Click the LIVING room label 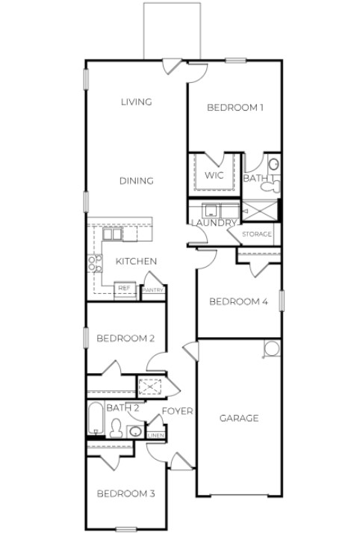(x=137, y=102)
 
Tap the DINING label (x=137, y=181)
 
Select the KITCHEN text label (x=135, y=261)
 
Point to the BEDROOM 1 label (x=235, y=108)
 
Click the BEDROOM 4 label (x=238, y=302)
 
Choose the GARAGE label (x=239, y=418)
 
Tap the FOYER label (x=177, y=411)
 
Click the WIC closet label (x=214, y=175)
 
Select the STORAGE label (x=257, y=235)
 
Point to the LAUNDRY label (x=214, y=223)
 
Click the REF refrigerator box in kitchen (x=124, y=288)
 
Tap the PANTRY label (x=153, y=290)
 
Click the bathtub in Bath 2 (x=96, y=419)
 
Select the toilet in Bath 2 (x=116, y=428)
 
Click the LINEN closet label (x=155, y=435)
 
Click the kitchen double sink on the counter (x=112, y=234)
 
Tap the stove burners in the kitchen (x=95, y=262)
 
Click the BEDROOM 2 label (x=125, y=339)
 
